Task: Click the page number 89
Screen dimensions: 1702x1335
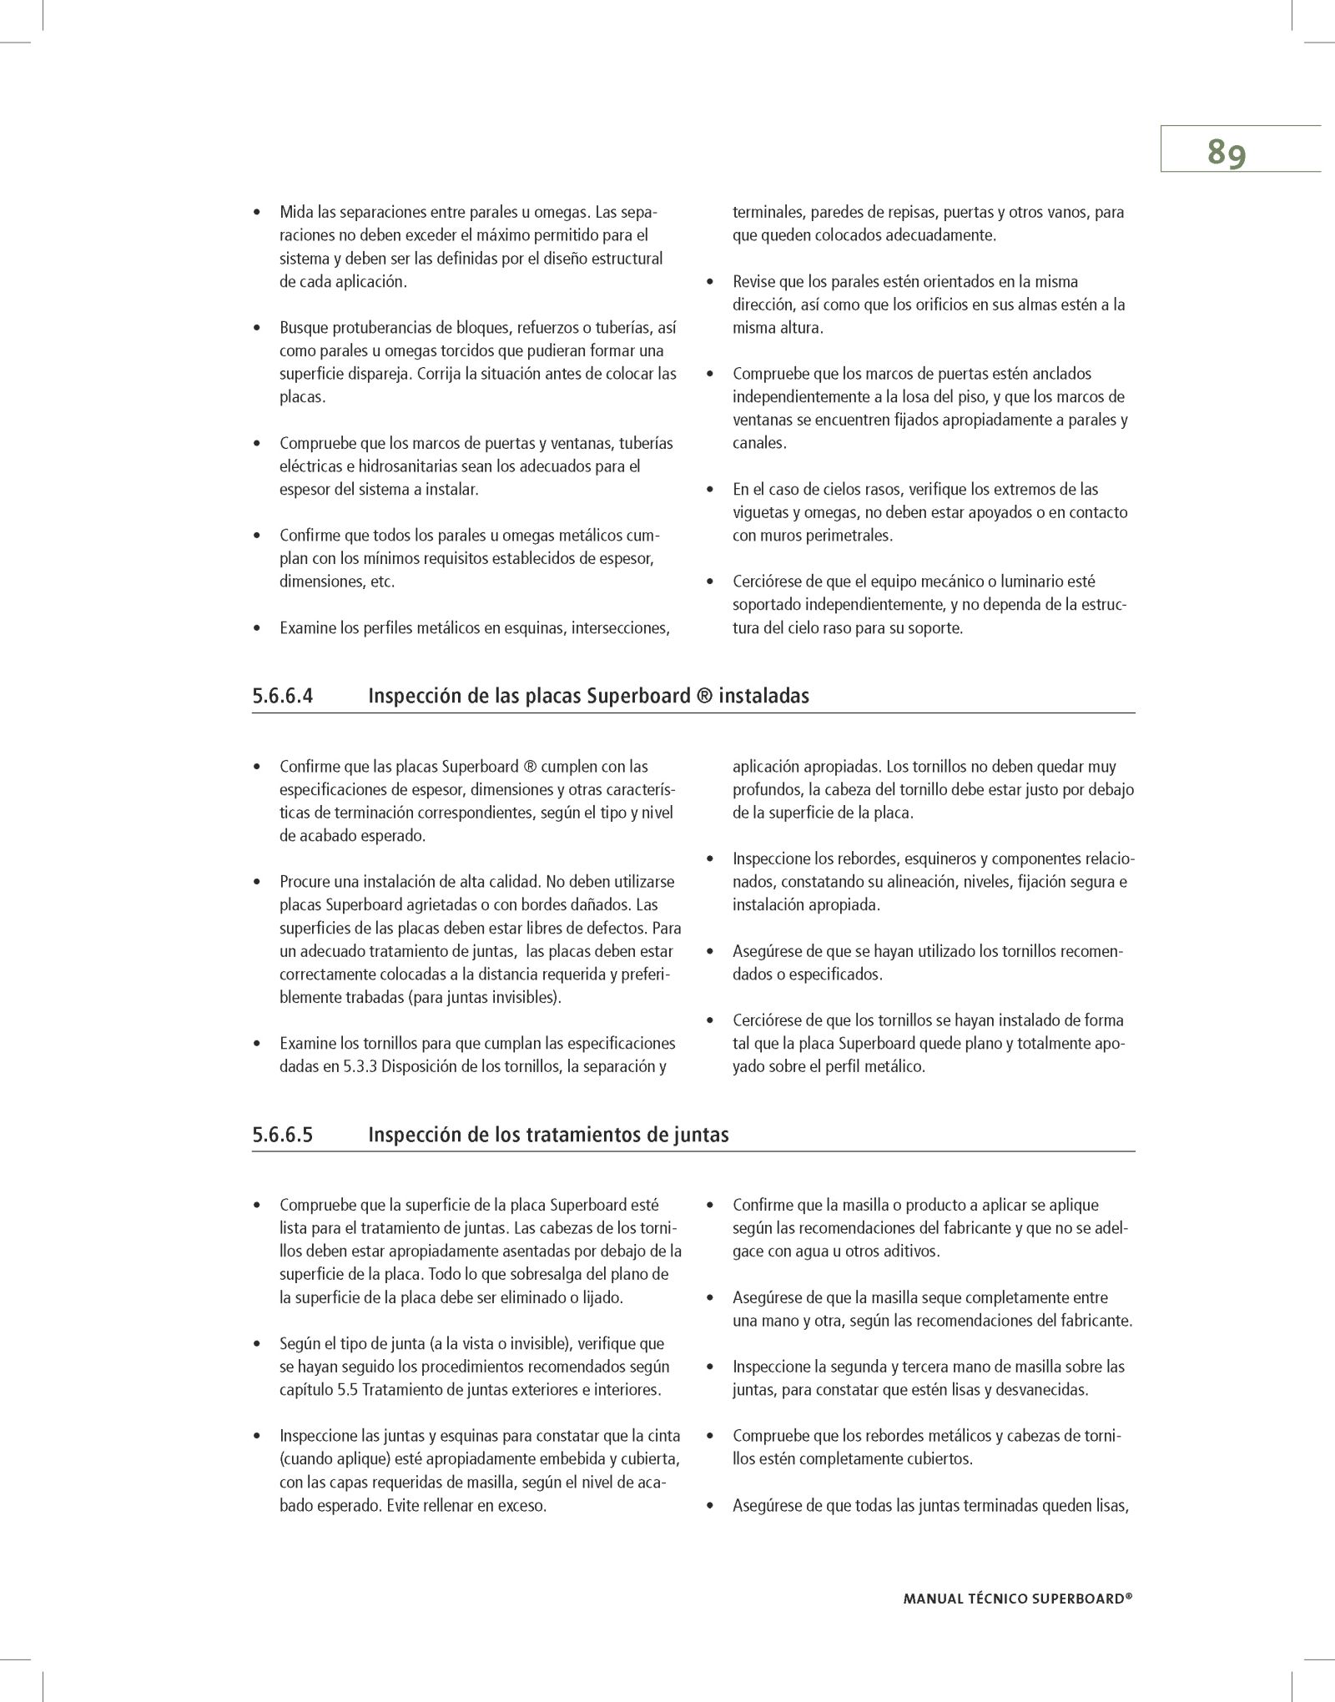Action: click(1226, 153)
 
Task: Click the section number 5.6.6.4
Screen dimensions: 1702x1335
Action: click(282, 696)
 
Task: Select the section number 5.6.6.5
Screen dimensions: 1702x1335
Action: click(282, 1135)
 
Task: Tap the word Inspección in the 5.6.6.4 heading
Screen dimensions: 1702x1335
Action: click(411, 696)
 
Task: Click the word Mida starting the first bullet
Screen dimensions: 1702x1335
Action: click(297, 212)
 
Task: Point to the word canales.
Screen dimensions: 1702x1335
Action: click(758, 443)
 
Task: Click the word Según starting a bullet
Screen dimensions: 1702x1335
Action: click(300, 1367)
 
